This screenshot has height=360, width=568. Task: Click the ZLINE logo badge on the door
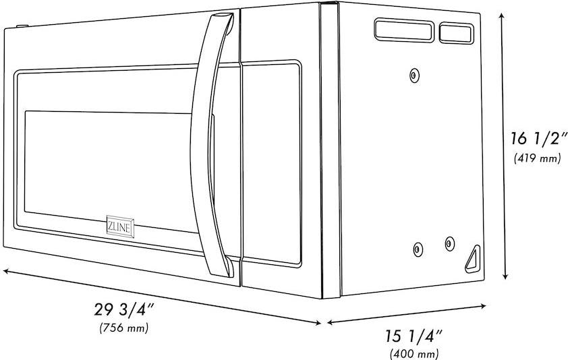(x=120, y=227)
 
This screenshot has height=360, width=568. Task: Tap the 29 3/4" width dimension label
(x=124, y=310)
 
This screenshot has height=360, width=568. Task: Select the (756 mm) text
(x=124, y=328)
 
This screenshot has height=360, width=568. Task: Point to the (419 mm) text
(x=537, y=158)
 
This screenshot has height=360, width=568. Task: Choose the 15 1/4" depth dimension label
(x=414, y=336)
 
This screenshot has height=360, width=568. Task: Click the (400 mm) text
(x=414, y=353)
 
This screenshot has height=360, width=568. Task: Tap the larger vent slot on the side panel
(x=404, y=30)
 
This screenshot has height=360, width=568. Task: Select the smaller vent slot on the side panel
(x=457, y=33)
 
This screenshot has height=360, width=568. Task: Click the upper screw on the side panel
(x=414, y=76)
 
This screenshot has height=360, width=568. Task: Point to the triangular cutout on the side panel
(x=473, y=259)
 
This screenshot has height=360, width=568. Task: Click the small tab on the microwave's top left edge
(x=22, y=26)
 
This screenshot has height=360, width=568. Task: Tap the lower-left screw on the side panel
(x=418, y=249)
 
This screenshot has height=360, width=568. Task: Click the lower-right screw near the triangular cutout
(x=449, y=244)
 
